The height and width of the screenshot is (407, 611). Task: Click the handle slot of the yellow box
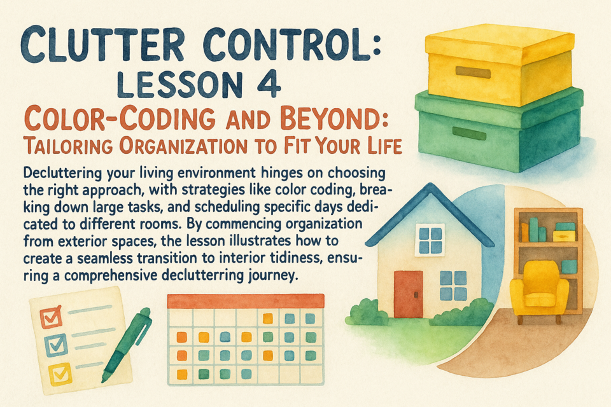[473, 72]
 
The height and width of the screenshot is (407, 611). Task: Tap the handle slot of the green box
[469, 133]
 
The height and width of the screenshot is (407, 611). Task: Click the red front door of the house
[409, 294]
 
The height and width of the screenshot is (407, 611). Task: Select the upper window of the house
[430, 240]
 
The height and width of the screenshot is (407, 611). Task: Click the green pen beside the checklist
[126, 344]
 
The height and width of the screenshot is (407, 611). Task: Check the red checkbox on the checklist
[52, 317]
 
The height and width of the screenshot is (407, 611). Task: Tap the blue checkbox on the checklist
[56, 344]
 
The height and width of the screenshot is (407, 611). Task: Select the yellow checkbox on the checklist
[60, 373]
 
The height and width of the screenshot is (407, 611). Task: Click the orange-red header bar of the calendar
[246, 301]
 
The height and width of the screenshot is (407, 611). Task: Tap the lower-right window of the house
[453, 286]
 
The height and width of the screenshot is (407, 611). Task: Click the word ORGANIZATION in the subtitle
[183, 146]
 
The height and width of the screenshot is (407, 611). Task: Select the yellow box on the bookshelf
[564, 236]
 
